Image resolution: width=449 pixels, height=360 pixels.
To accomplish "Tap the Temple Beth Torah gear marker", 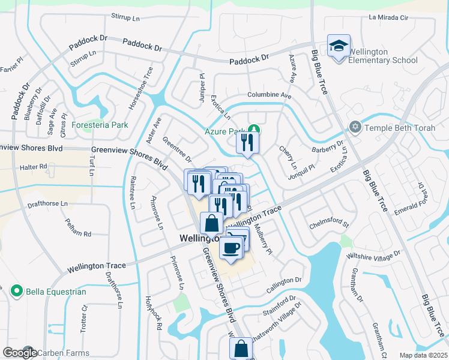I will pyautogui.click(x=355, y=127).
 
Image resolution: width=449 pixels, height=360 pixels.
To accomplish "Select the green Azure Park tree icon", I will pyautogui.click(x=255, y=130).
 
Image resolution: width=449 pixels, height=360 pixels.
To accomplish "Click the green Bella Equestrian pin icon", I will pyautogui.click(x=16, y=292).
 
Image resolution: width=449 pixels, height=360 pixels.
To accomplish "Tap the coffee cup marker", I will pyautogui.click(x=231, y=247).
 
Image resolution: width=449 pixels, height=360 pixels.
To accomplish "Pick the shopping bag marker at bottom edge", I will pyautogui.click(x=241, y=348).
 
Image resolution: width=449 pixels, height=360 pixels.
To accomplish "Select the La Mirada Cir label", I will pyautogui.click(x=388, y=17).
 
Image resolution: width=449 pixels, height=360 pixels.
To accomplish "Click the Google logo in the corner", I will pyautogui.click(x=19, y=353).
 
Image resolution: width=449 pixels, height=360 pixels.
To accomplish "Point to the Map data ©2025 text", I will pyautogui.click(x=423, y=355).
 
